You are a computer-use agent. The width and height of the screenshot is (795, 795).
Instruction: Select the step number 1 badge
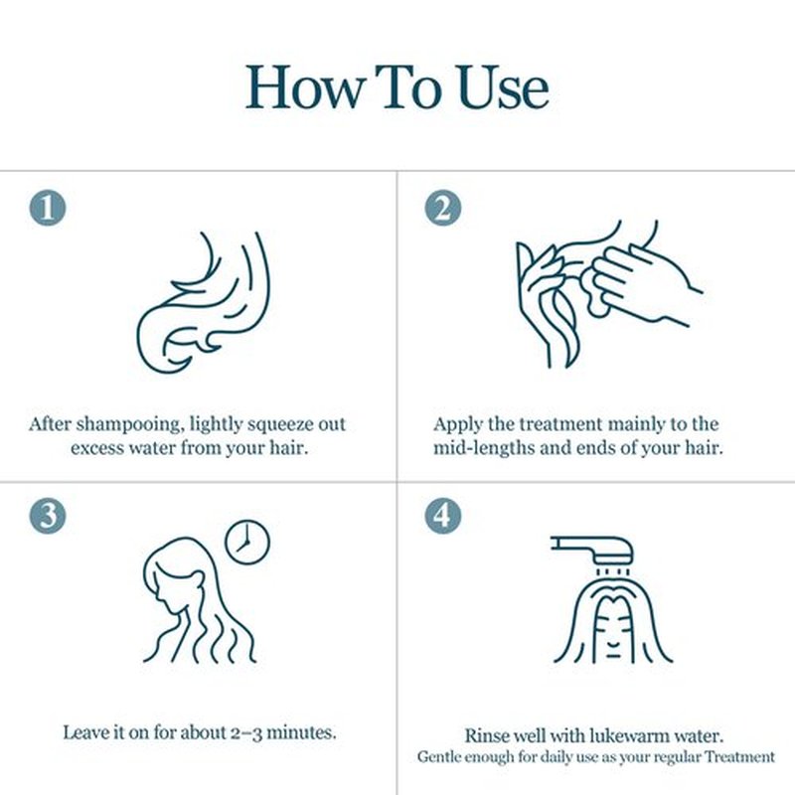coord(48,208)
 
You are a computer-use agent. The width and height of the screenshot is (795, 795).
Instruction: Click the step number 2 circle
coord(443,208)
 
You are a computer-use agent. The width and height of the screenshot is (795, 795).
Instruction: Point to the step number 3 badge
coord(48,515)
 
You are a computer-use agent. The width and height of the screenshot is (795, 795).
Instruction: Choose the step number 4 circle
coord(443,515)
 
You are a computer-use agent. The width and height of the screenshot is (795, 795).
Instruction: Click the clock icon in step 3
coord(247,542)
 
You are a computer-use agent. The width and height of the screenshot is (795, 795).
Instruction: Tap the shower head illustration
coord(592,551)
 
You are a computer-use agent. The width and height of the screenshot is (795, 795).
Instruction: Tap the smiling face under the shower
coord(613,629)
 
